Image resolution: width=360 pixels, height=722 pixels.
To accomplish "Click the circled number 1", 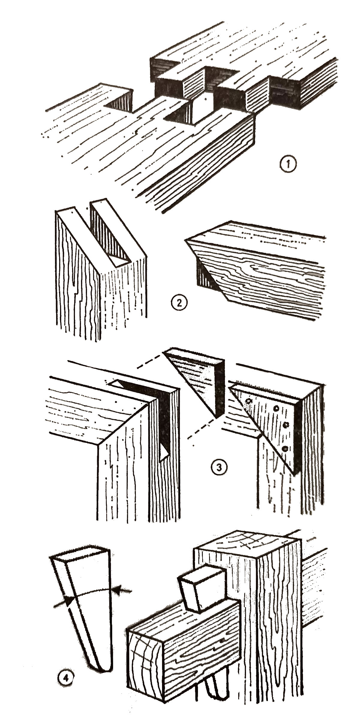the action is [x=288, y=165].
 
